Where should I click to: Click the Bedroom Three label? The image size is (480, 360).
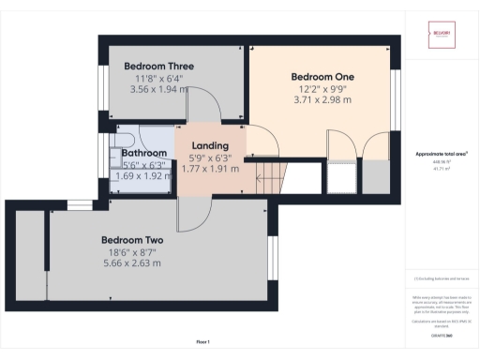point(158,67)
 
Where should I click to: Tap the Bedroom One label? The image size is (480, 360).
point(322,76)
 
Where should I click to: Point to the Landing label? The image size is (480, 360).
point(210,146)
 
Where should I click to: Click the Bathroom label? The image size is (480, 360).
point(143,152)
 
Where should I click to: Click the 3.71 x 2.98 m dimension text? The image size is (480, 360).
point(322,99)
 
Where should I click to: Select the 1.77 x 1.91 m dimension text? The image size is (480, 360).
point(210,170)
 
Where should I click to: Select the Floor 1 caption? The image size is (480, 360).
point(203,341)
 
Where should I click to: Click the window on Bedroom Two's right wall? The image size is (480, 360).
point(273,257)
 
